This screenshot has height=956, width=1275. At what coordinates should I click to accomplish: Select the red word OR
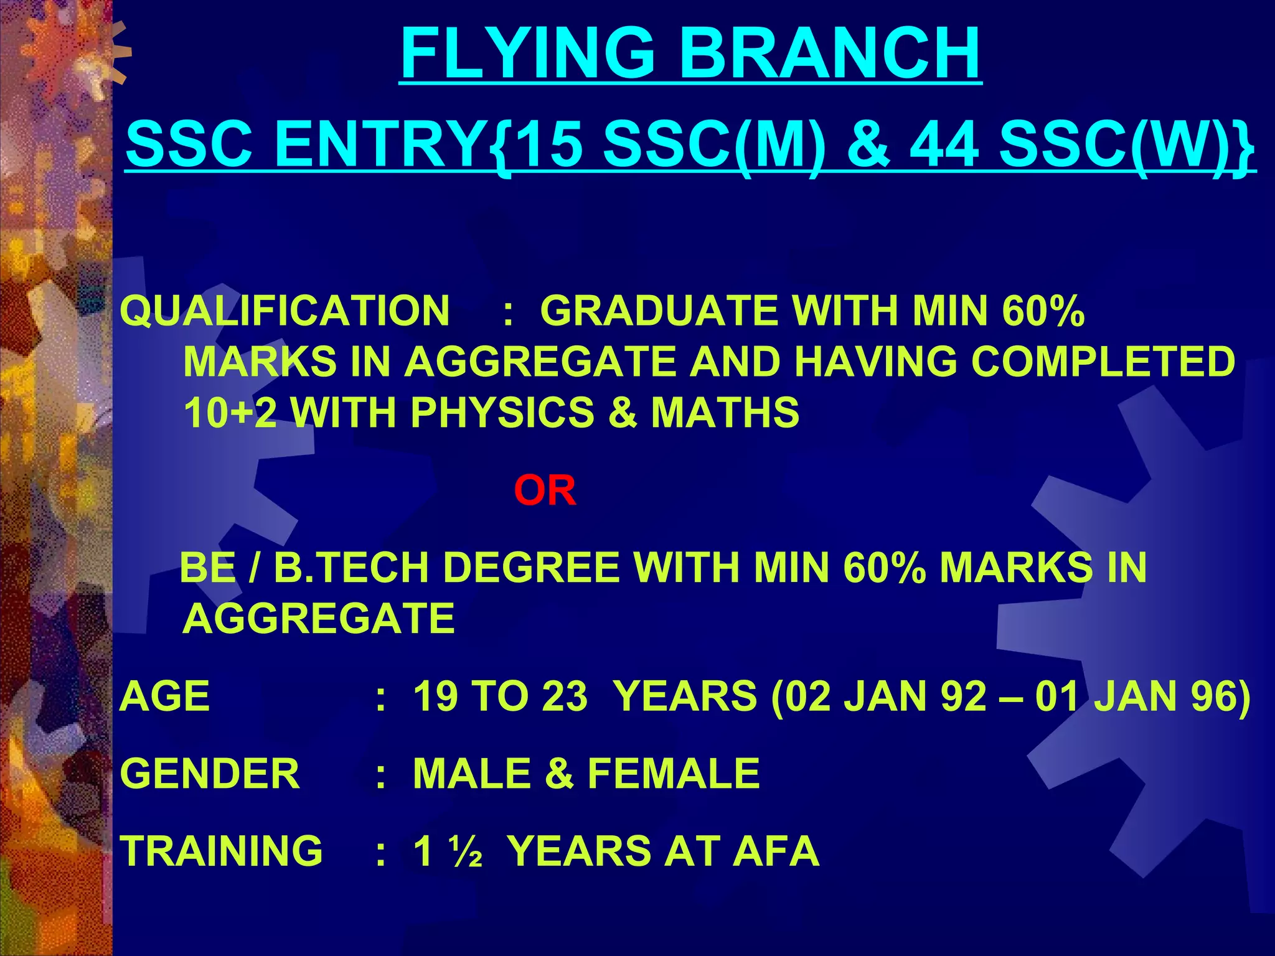point(545,491)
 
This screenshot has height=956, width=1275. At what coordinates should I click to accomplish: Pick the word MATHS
point(725,413)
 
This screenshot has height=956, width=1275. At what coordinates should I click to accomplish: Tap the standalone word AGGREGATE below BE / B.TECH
point(319,619)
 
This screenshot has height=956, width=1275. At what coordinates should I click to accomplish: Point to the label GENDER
point(210,774)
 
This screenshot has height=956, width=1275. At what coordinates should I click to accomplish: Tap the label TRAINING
point(222,851)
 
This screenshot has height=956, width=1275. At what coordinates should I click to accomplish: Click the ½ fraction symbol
point(467,852)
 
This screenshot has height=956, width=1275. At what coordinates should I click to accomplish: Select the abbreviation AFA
point(776,851)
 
